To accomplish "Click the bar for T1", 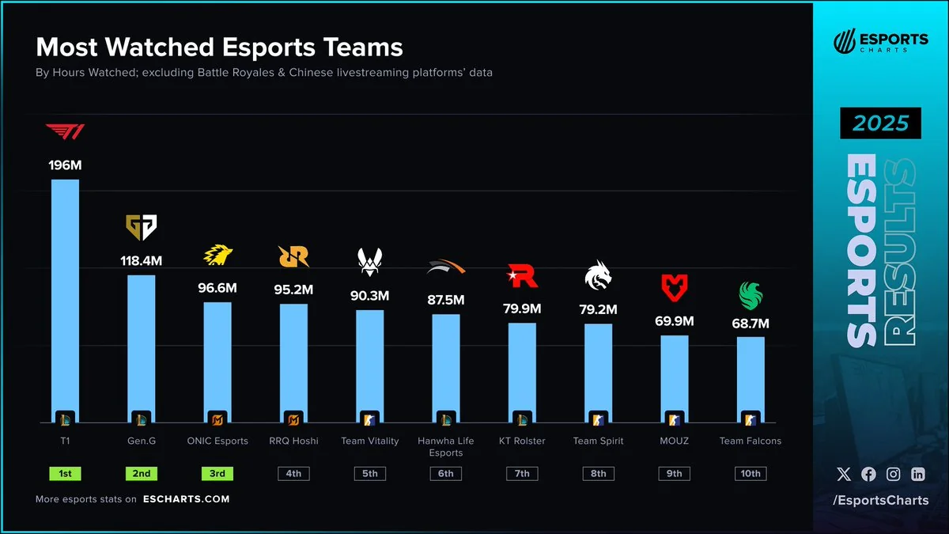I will (65, 301).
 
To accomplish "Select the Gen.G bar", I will (142, 348).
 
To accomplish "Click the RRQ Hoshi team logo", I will (293, 256).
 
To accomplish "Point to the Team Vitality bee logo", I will (369, 261).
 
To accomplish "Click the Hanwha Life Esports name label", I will (446, 447).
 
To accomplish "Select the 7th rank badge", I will (522, 474).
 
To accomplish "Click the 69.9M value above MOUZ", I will (675, 321).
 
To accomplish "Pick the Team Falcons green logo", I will (751, 295).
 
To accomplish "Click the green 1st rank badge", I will (65, 474).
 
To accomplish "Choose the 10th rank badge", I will (751, 474).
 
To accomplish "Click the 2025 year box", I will (881, 124).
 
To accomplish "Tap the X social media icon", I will (844, 475).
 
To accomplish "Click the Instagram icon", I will (894, 475).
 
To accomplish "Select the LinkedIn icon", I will (918, 475).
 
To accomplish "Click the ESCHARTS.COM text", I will (187, 499).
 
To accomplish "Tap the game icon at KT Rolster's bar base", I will (522, 419).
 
